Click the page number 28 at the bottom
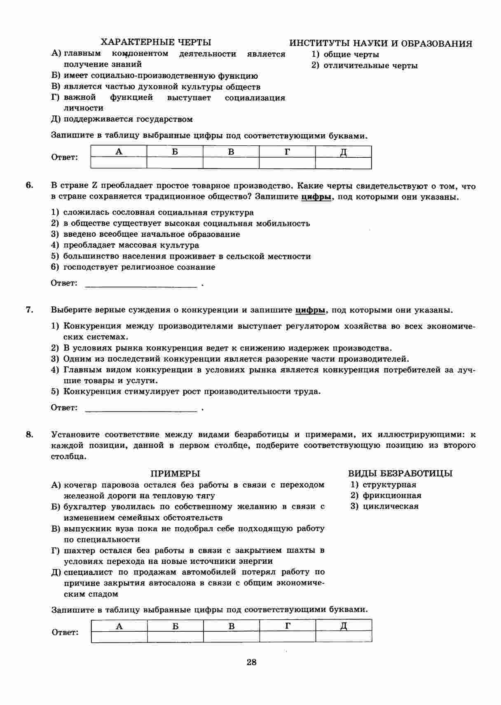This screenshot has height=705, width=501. pyautogui.click(x=251, y=662)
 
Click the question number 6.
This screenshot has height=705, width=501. pyautogui.click(x=30, y=186)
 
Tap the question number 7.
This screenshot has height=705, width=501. pyautogui.click(x=30, y=310)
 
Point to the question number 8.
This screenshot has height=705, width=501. pyautogui.click(x=30, y=434)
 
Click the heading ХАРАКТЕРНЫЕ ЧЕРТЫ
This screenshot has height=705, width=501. pyautogui.click(x=156, y=42)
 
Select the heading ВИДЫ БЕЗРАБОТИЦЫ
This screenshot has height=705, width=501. pyautogui.click(x=400, y=474)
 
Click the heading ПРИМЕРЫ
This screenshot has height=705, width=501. pyautogui.click(x=175, y=474)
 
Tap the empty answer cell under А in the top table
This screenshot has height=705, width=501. pyautogui.click(x=119, y=163)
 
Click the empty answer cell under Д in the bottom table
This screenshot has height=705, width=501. pyautogui.click(x=344, y=637)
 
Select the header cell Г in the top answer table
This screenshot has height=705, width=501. pyautogui.click(x=287, y=152)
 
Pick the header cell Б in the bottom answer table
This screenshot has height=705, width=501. pyautogui.click(x=176, y=626)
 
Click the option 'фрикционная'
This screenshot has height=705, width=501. pyautogui.click(x=391, y=495)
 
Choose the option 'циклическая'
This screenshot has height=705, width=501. pyautogui.click(x=390, y=507)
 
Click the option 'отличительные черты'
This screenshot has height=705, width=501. pyautogui.click(x=370, y=65)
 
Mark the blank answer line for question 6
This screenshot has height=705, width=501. pyautogui.click(x=140, y=284)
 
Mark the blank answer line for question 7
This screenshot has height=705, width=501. pyautogui.click(x=140, y=409)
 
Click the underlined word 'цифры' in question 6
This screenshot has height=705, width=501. pyautogui.click(x=316, y=197)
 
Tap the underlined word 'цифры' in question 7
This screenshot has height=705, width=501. pyautogui.click(x=310, y=310)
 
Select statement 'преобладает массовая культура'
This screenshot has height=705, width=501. pyautogui.click(x=131, y=245)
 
